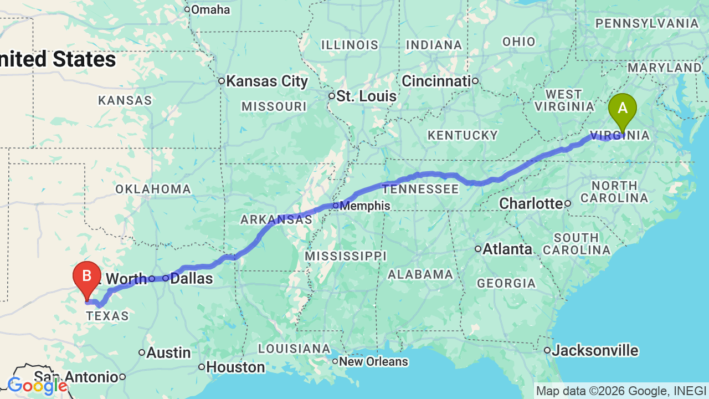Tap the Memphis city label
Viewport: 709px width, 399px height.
pos(364,206)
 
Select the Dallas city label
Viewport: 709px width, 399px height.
pos(191,278)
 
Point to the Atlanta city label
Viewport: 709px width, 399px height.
pos(507,249)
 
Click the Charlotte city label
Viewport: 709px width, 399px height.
pos(531,204)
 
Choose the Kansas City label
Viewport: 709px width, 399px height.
pos(266,81)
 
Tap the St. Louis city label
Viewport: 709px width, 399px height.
pos(367,96)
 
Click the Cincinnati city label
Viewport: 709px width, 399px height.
pos(435,81)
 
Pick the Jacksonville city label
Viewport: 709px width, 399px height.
pos(595,351)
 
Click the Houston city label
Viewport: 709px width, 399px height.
pos(235,367)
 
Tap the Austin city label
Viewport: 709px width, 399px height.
pos(168,353)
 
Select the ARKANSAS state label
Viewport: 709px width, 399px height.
pos(276,220)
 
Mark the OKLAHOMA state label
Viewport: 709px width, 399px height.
pos(153,190)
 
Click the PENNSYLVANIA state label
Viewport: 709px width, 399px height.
pos(646,24)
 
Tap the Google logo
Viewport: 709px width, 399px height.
pos(38,386)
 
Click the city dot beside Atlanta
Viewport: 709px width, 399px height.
pos(478,249)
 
